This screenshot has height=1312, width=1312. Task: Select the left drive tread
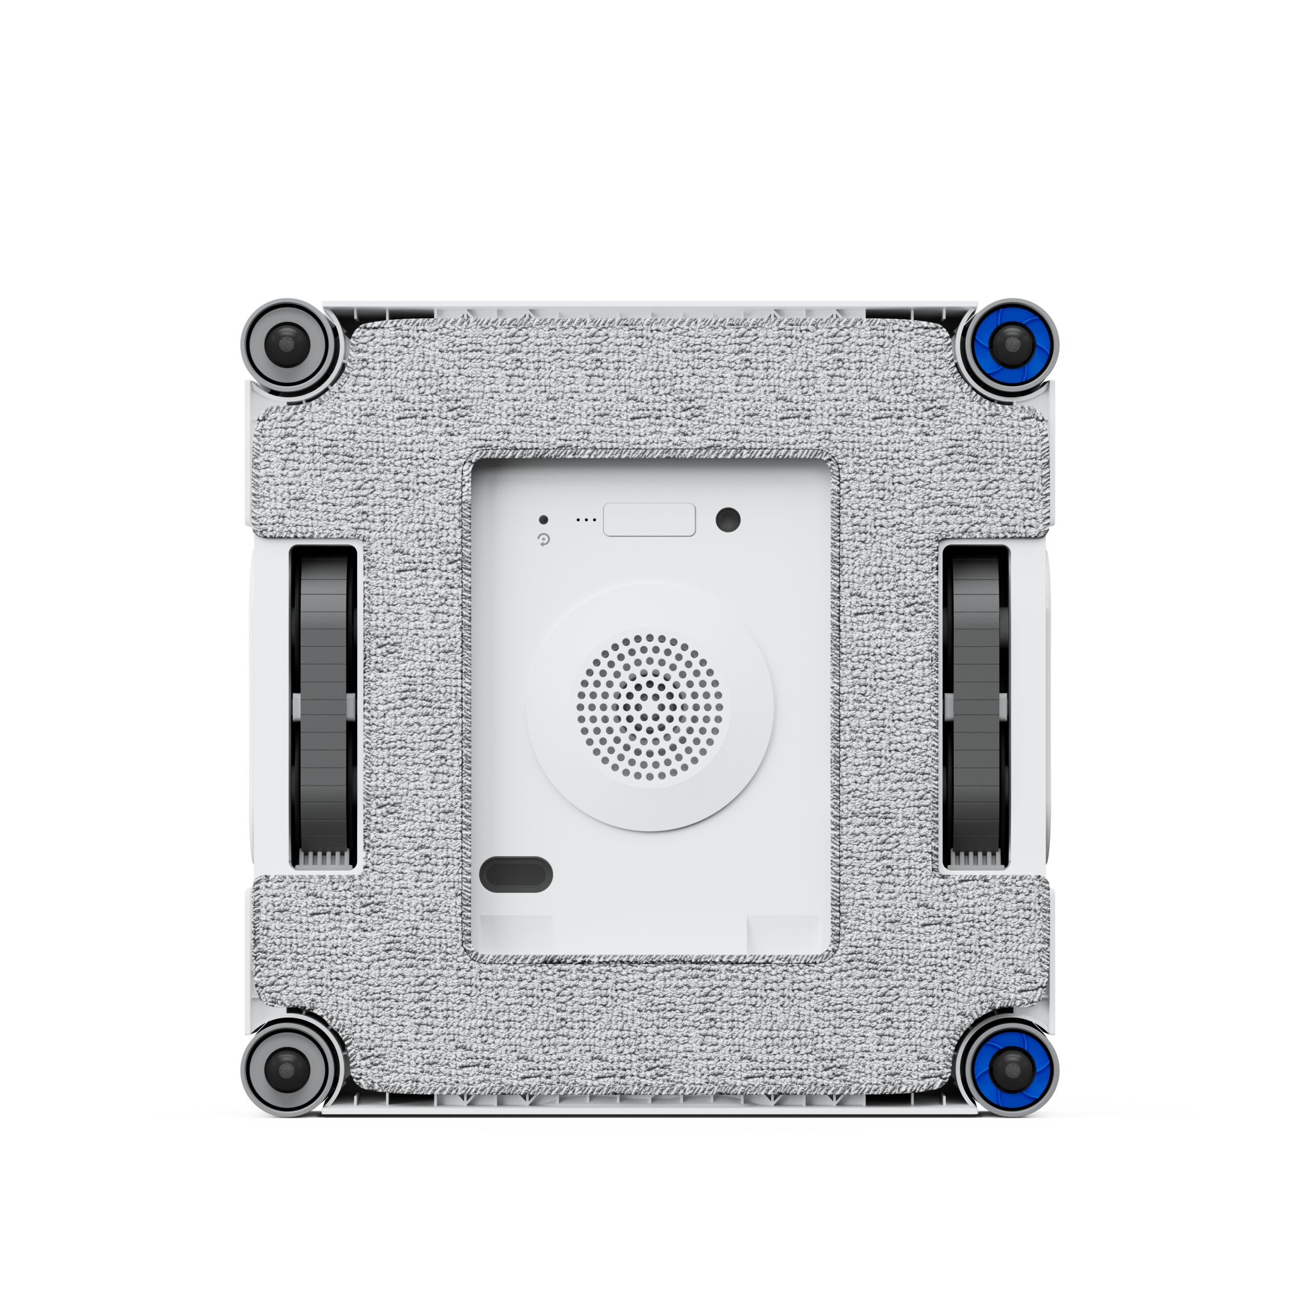tap(323, 652)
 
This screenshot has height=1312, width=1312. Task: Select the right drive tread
tap(975, 652)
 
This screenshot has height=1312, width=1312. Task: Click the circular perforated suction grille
tap(650, 708)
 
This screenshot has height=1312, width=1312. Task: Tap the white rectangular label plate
tap(649, 520)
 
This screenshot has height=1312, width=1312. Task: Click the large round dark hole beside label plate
tap(728, 520)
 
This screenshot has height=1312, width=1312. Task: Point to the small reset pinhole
tap(543, 520)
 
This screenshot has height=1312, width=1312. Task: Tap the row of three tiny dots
tap(586, 520)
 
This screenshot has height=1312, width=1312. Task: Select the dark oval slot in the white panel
tap(516, 874)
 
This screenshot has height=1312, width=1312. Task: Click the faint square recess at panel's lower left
tap(516, 934)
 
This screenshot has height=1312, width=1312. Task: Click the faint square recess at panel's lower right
tap(783, 934)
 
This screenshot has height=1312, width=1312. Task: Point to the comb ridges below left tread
tap(324, 859)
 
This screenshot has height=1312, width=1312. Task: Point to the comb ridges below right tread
tap(976, 859)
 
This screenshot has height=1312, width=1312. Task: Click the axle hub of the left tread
tap(323, 706)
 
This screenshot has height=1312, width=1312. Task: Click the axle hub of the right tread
tap(975, 706)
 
